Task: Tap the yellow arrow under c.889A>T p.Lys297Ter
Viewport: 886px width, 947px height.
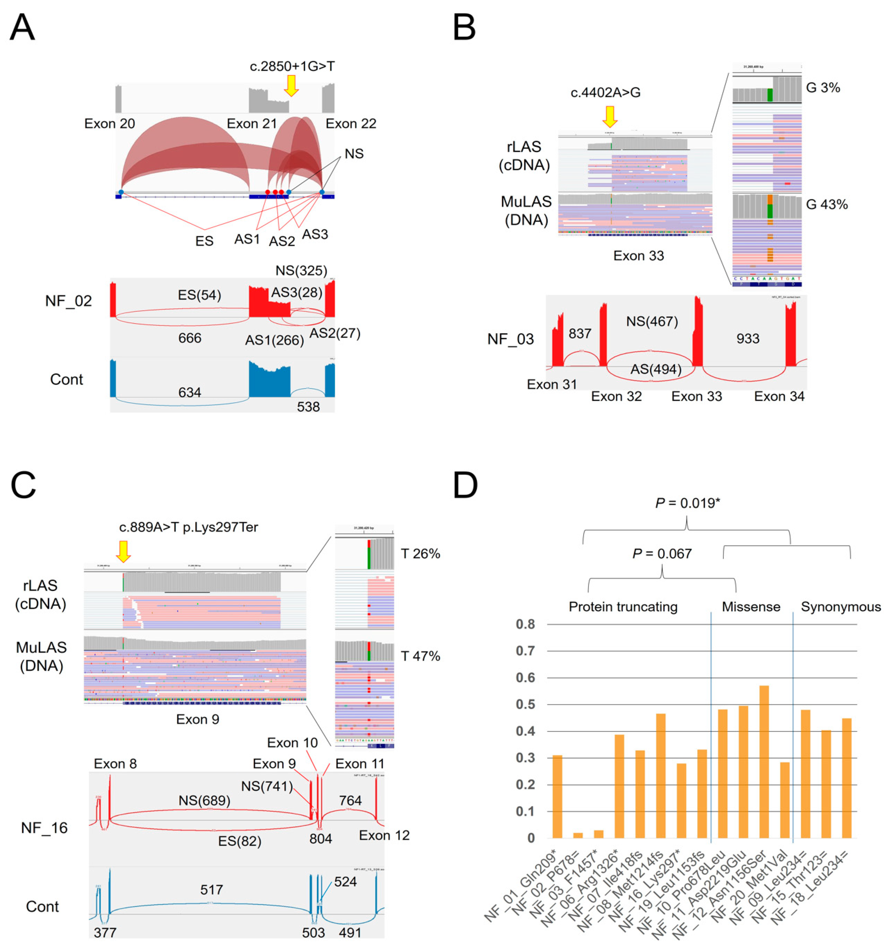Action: [x=123, y=551]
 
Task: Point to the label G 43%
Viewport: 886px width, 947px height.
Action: [x=827, y=205]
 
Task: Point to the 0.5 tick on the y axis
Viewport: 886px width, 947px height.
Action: [x=526, y=705]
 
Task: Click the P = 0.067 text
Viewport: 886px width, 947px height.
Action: [x=662, y=553]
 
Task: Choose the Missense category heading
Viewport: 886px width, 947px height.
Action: [x=751, y=607]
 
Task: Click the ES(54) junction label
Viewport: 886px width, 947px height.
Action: [x=199, y=295]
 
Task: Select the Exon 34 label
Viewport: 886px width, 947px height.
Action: [x=779, y=396]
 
